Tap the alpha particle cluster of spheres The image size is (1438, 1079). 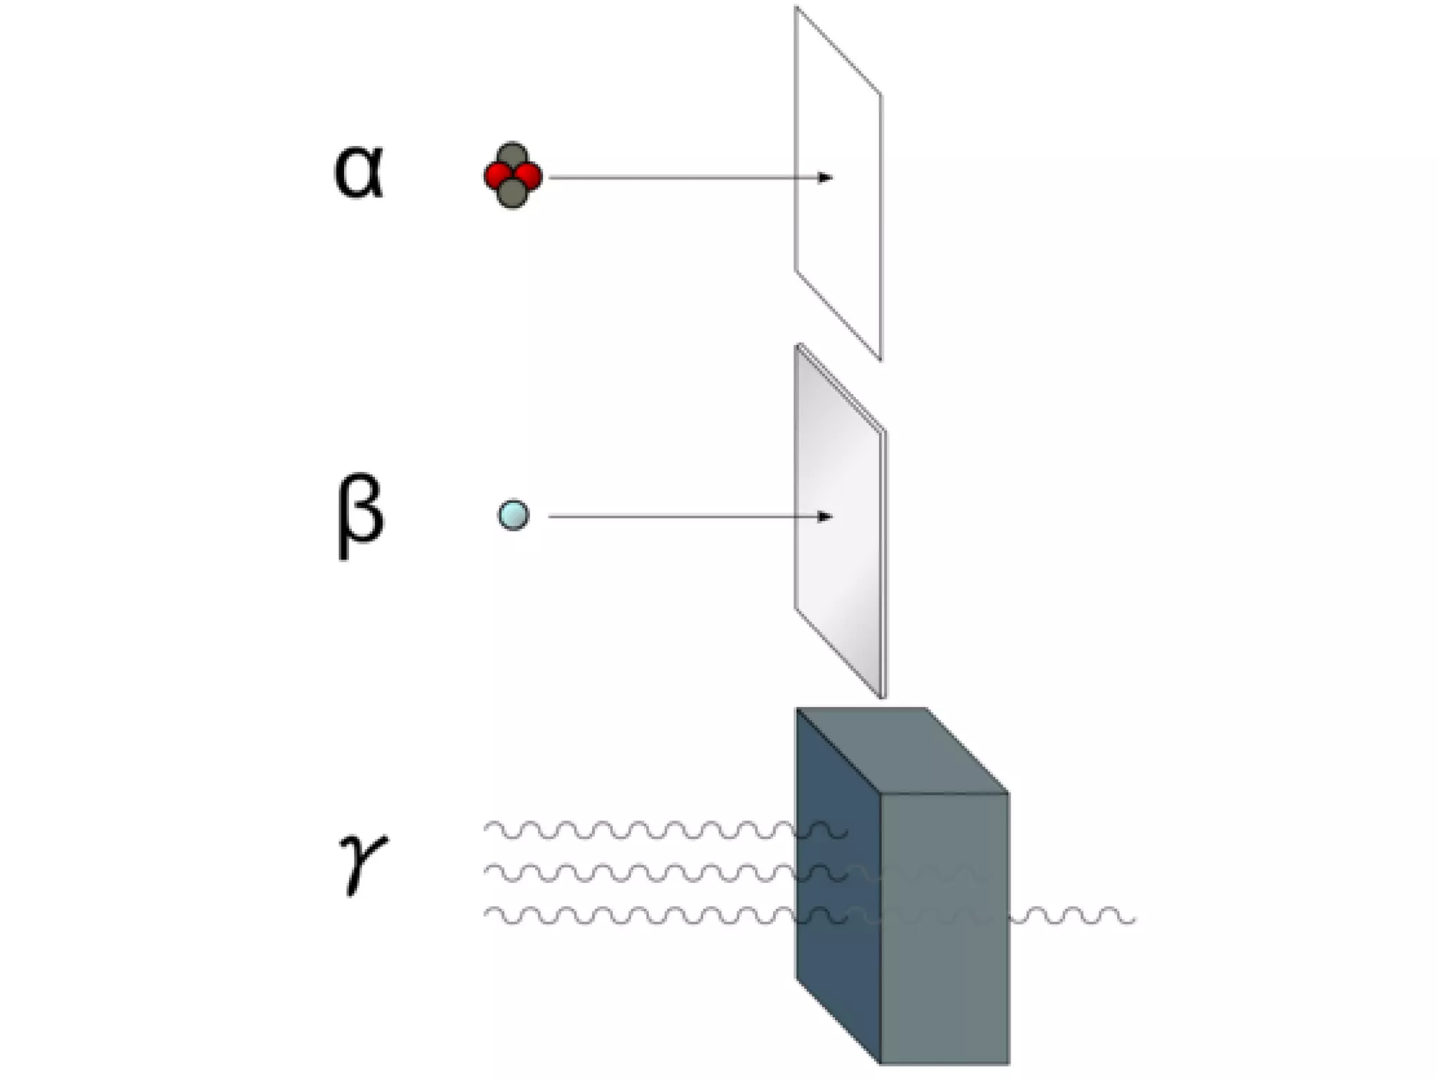tap(513, 176)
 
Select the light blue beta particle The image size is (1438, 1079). tap(513, 515)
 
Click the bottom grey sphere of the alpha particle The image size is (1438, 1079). tap(513, 193)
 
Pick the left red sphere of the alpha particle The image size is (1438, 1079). tap(497, 176)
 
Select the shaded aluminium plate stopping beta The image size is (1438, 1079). tap(839, 562)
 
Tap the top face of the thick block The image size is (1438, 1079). tap(902, 750)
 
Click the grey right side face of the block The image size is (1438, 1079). tap(944, 983)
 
